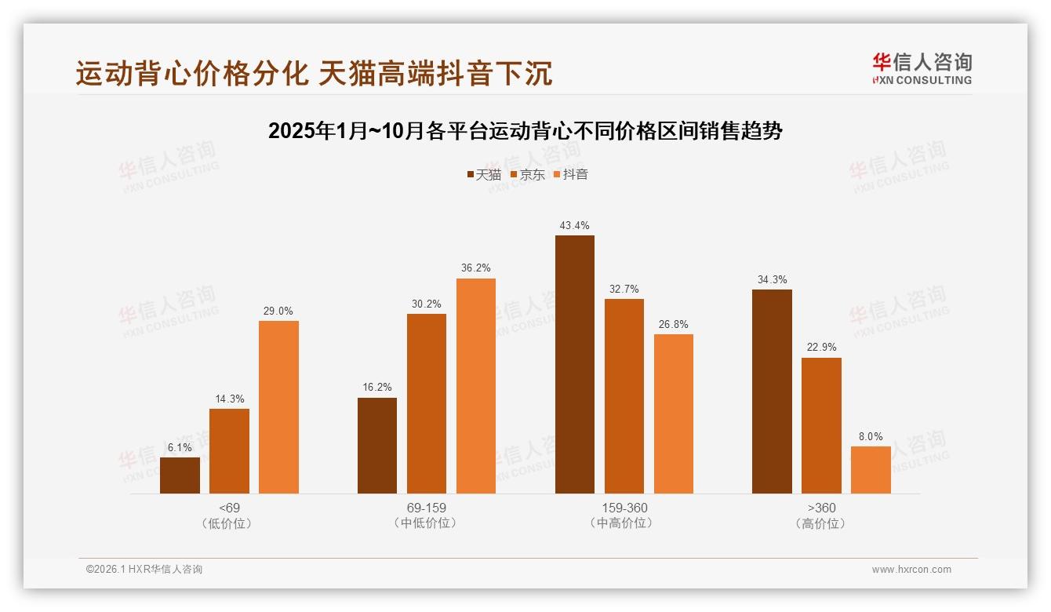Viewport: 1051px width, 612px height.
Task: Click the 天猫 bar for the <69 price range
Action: point(180,475)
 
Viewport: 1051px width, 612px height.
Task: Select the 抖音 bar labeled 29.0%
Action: point(278,407)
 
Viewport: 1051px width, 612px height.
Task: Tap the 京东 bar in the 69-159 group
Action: point(426,403)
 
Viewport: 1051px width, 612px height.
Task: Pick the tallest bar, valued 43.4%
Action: point(574,364)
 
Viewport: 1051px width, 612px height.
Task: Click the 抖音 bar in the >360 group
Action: point(871,470)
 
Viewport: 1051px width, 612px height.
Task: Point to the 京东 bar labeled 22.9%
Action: point(821,425)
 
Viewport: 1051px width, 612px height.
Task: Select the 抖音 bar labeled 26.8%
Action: point(673,413)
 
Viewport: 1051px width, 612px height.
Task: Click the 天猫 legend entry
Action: point(484,175)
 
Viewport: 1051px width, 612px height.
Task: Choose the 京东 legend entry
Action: point(527,175)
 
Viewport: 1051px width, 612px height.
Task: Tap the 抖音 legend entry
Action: point(571,175)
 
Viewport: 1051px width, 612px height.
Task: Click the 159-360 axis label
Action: point(624,508)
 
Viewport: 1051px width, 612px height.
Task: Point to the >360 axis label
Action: point(821,508)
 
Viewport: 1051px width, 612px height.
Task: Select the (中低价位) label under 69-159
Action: point(426,523)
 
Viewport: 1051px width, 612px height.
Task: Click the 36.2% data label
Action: point(476,268)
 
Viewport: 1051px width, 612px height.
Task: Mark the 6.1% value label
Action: point(180,447)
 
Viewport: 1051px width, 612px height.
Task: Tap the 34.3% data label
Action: point(772,279)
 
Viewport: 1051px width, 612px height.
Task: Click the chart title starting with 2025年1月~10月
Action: point(525,131)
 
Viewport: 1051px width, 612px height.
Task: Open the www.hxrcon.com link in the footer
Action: point(911,570)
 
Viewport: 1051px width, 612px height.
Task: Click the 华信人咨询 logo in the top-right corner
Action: point(922,68)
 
